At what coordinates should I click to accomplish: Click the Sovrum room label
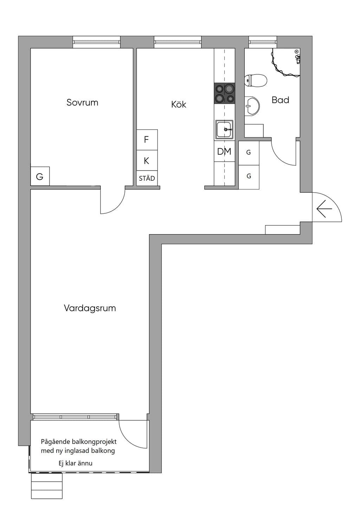coord(82,103)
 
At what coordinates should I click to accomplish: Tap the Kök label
coord(179,104)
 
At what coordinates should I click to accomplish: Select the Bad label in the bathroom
coord(281,100)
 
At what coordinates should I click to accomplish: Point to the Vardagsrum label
coord(90,308)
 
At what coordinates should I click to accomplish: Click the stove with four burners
coord(224,93)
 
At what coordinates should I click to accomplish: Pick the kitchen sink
coord(224,129)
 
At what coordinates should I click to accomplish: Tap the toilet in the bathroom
coord(256,80)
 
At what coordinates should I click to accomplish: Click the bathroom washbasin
coord(252,107)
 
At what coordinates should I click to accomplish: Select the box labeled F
coord(147,140)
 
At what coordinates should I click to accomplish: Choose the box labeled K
coord(147,160)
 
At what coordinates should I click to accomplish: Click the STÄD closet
coord(147,178)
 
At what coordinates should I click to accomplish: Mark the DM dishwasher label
coord(224,152)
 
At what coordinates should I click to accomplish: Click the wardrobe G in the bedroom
coord(40,176)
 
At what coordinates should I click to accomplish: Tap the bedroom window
coord(96,42)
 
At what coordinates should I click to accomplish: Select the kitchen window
coord(178,42)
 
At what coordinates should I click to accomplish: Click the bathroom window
coord(263,42)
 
